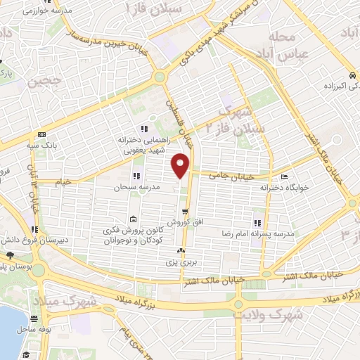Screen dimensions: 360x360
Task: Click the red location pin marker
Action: coord(181,165)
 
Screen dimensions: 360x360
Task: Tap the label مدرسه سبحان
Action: coord(139,188)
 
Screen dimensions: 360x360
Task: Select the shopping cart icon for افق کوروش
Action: coord(185,212)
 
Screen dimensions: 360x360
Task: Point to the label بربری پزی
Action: coord(179,262)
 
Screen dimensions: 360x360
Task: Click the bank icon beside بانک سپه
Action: coord(42,134)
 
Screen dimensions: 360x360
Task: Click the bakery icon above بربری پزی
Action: coord(182,250)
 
